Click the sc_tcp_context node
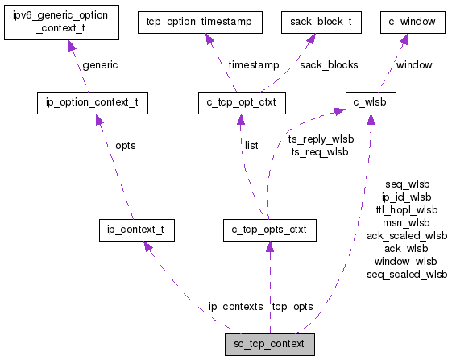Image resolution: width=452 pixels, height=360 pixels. pyautogui.click(x=269, y=344)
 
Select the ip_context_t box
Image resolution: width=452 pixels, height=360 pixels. pyautogui.click(x=136, y=230)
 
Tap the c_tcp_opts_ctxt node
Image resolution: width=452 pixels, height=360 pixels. pyautogui.click(x=269, y=230)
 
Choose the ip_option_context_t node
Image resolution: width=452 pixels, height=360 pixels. pyautogui.click(x=93, y=102)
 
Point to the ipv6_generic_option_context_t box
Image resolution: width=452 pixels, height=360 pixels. pyautogui.click(x=62, y=22)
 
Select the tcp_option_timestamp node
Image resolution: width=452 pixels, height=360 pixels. pyautogui.click(x=200, y=22)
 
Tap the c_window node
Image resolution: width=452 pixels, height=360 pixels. pyautogui.click(x=413, y=22)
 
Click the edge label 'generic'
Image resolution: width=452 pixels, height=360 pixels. pyautogui.click(x=100, y=64)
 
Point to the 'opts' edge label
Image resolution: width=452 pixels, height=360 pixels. pyautogui.click(x=125, y=146)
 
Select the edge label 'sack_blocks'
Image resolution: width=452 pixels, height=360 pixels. pyautogui.click(x=329, y=64)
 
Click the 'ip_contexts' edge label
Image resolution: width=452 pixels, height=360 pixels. pyautogui.click(x=235, y=307)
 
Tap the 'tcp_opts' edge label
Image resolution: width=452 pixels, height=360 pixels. pyautogui.click(x=292, y=307)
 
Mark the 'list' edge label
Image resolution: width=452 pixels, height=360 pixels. pyautogui.click(x=251, y=146)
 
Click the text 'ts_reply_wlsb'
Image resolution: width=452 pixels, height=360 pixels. pyautogui.click(x=321, y=139)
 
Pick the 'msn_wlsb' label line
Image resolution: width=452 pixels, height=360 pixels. pyautogui.click(x=407, y=222)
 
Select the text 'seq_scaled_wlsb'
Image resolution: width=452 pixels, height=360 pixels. pyautogui.click(x=407, y=274)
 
